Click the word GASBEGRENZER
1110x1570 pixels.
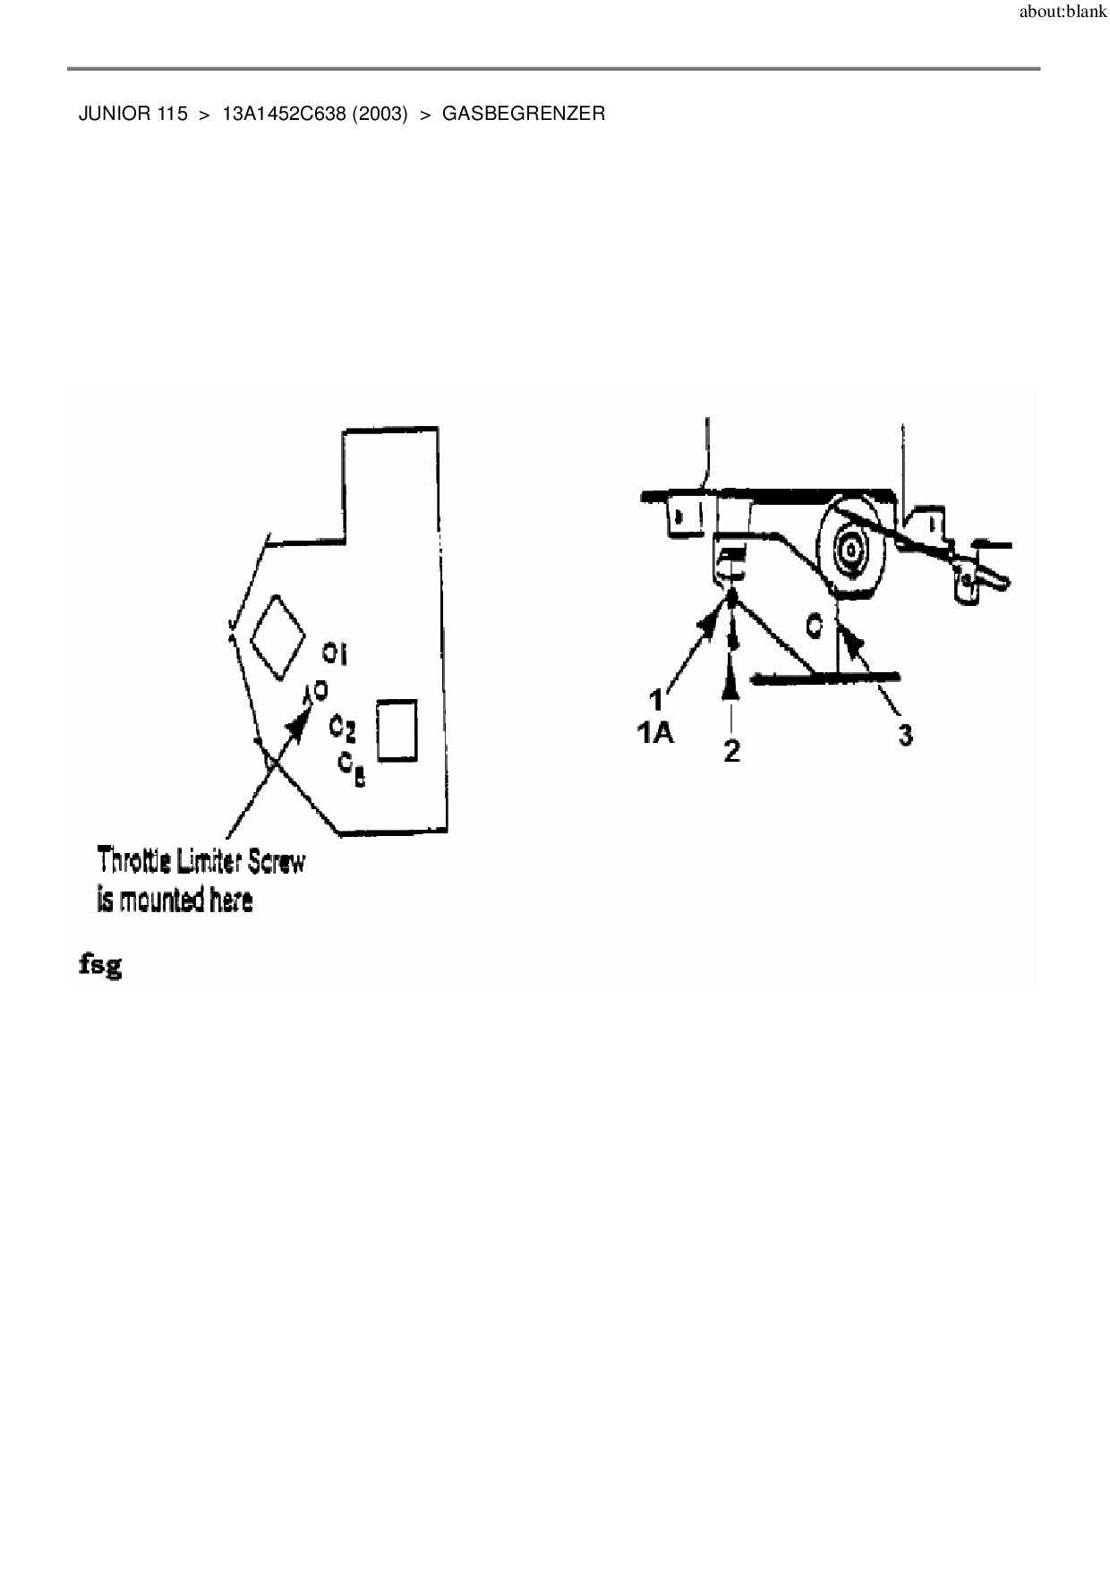(x=524, y=115)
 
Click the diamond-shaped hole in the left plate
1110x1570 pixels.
(x=277, y=635)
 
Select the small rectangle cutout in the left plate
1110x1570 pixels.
(x=397, y=730)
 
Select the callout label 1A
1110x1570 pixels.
(x=654, y=734)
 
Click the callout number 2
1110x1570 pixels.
(x=732, y=750)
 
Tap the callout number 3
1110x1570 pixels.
(x=905, y=736)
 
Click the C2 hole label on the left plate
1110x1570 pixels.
(x=342, y=726)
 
